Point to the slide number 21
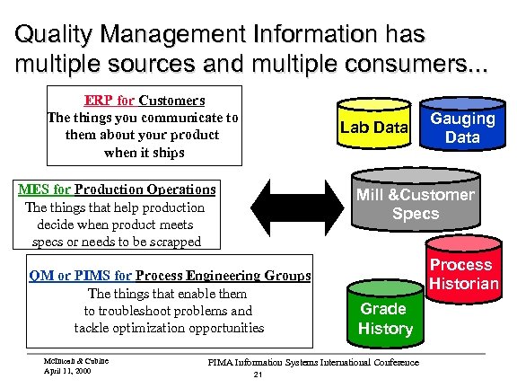point(258,374)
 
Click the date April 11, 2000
point(67,370)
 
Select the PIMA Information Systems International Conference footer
point(312,362)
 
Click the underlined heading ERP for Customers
point(145,100)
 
